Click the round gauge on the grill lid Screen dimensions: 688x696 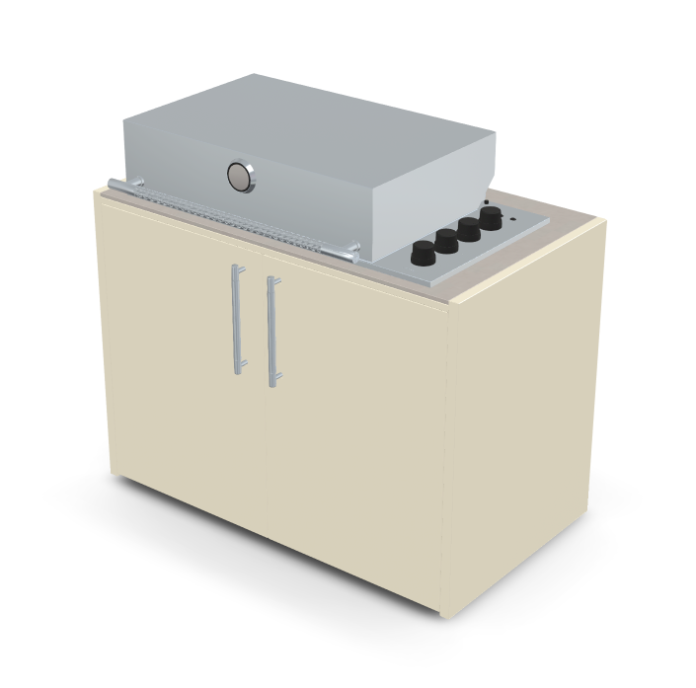tap(240, 177)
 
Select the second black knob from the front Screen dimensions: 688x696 tap(446, 240)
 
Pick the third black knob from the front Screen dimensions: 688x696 tap(469, 228)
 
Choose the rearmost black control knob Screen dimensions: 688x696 tap(491, 217)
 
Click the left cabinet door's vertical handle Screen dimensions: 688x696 tap(237, 319)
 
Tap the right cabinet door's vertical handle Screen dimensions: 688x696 tap(271, 331)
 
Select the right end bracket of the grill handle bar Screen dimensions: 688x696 tap(353, 248)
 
